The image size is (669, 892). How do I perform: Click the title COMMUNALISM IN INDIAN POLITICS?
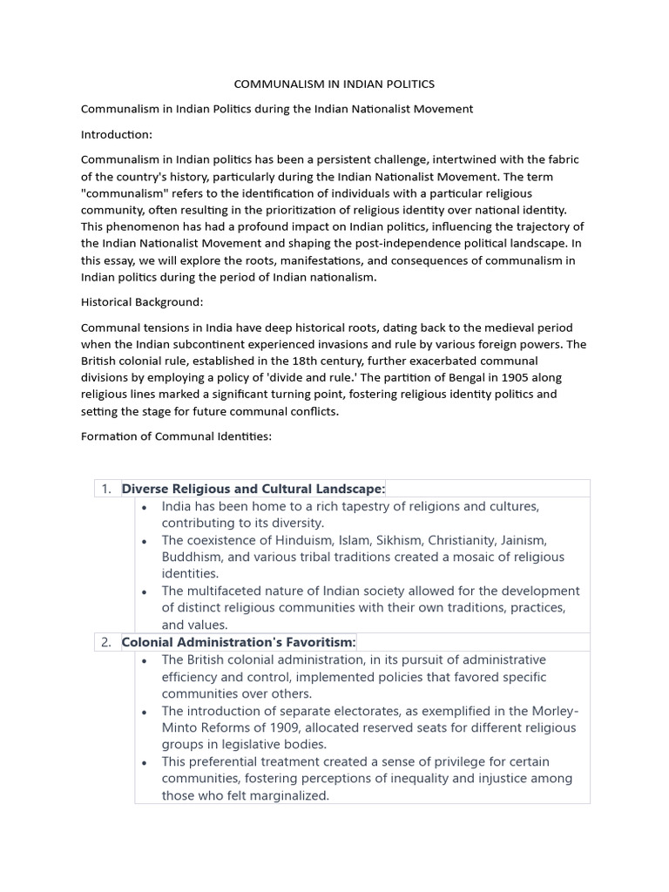pyautogui.click(x=334, y=84)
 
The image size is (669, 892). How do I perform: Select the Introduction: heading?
pyautogui.click(x=117, y=134)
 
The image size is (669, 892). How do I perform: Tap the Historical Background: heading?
pyautogui.click(x=142, y=301)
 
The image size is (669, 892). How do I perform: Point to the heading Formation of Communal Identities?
pyautogui.click(x=177, y=436)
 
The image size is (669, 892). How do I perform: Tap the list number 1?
pyautogui.click(x=106, y=489)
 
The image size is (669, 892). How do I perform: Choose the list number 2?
pyautogui.click(x=106, y=643)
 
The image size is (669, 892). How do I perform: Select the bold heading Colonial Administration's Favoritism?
pyautogui.click(x=240, y=643)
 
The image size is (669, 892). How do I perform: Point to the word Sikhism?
pyautogui.click(x=380, y=540)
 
